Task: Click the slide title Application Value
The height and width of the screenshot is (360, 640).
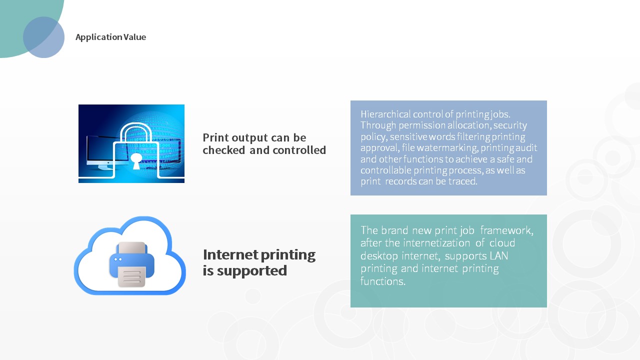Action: (x=110, y=37)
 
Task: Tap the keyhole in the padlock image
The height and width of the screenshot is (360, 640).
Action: (x=136, y=160)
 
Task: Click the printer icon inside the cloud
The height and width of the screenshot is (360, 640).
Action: (x=131, y=264)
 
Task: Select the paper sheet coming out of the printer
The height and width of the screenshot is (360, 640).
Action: (x=131, y=276)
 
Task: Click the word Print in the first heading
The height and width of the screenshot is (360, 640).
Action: (x=215, y=137)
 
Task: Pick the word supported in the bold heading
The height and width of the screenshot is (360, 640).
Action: (x=251, y=271)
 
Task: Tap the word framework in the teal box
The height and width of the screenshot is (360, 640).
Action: (x=506, y=230)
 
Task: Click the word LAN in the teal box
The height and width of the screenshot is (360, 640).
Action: (x=499, y=255)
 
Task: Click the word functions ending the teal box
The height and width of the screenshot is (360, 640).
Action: (x=383, y=281)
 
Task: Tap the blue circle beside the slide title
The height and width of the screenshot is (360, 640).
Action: (x=43, y=37)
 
